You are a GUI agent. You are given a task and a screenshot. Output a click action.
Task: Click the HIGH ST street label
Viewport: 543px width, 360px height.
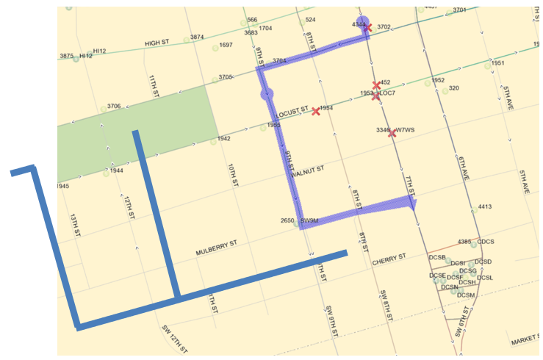[157, 43]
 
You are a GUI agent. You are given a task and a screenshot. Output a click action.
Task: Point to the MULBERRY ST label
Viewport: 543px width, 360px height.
[217, 248]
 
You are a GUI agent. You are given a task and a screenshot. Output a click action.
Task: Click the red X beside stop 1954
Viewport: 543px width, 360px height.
[316, 112]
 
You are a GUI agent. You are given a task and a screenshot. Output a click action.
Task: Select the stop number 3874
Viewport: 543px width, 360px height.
[197, 37]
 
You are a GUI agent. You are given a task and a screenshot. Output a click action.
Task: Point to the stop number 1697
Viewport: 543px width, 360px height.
[226, 45]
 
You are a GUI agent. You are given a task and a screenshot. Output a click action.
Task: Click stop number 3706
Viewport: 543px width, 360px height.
[114, 107]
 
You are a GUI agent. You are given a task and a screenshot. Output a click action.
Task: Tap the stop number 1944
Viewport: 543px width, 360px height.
[116, 170]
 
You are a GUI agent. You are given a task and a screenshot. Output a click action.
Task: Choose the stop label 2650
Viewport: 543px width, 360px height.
[287, 220]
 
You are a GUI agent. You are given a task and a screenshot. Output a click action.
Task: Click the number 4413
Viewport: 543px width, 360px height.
[485, 207]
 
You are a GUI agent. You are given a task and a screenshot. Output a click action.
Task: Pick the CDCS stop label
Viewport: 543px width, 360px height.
[486, 242]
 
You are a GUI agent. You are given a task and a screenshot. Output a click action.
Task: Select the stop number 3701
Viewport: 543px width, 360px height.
[460, 10]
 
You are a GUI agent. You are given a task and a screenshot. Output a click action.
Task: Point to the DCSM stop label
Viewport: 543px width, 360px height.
[466, 295]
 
